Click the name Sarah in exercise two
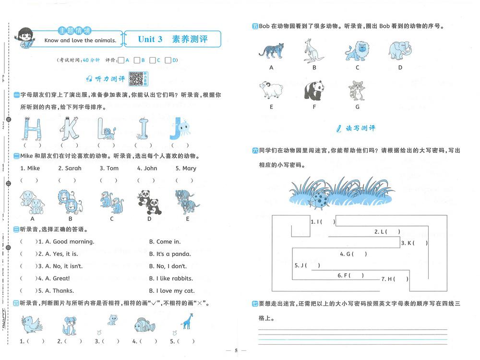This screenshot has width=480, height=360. coord(70,168)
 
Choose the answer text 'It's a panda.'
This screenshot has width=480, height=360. coord(170,254)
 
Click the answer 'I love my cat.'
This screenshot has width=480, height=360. coord(172,290)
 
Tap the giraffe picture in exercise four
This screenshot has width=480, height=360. coord(187,322)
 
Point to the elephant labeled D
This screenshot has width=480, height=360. coord(400,49)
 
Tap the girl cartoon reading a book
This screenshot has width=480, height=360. coord(24,38)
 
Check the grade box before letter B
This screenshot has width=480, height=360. coord(136,60)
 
